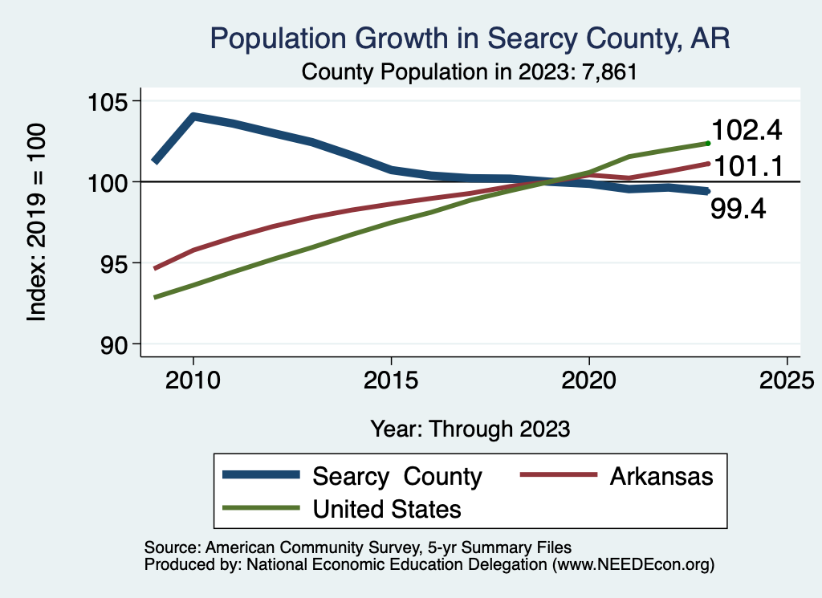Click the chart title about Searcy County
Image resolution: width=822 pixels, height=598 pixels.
coord(470,39)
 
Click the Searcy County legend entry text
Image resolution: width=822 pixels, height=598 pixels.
coord(397,476)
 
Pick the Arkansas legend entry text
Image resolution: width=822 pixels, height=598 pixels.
coord(661,476)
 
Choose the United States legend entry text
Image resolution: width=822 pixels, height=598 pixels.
coord(387,508)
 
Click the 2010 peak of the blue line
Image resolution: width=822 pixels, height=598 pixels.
coord(193,116)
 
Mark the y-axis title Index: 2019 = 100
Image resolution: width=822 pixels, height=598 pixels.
coord(37,222)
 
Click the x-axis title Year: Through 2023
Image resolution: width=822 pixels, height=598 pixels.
coord(470,429)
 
